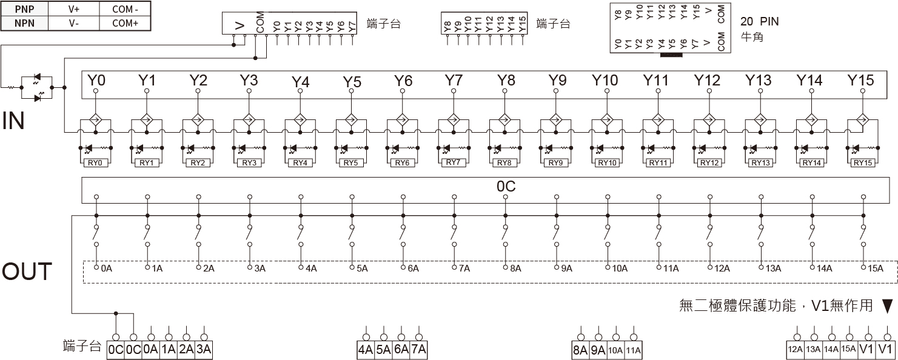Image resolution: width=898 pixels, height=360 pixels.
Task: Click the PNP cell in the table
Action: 24,9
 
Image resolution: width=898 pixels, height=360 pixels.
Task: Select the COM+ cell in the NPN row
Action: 125,23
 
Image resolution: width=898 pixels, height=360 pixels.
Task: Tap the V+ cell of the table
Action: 74,9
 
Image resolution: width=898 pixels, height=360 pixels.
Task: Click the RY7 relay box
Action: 453,162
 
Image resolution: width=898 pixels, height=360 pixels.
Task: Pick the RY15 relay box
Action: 863,163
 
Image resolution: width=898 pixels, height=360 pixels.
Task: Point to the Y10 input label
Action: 605,81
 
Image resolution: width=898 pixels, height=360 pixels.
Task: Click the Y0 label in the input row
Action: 96,81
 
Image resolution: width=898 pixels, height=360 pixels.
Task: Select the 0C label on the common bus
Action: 506,187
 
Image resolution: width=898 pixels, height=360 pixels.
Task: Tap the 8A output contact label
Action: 515,268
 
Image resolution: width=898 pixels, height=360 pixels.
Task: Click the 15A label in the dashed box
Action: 876,268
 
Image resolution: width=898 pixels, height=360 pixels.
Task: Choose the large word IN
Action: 13,121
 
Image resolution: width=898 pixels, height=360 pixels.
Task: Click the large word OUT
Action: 27,272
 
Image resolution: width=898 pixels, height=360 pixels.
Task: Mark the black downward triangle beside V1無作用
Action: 888,306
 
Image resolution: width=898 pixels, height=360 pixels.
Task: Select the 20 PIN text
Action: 759,22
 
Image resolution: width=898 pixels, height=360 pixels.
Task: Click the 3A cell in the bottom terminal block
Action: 204,350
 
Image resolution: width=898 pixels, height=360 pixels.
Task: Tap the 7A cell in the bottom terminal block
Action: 418,350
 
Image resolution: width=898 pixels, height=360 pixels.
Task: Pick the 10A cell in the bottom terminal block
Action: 615,350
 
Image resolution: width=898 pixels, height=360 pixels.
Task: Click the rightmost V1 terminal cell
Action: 885,349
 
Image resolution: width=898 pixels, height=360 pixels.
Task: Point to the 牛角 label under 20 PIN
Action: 752,38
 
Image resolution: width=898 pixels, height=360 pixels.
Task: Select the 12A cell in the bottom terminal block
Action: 796,349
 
